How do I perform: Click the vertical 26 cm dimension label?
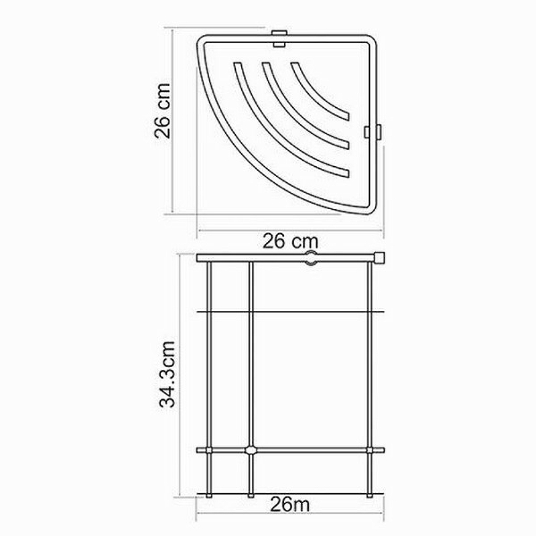(x=162, y=111)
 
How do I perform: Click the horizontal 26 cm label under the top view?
(x=290, y=241)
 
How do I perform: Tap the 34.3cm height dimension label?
(x=167, y=374)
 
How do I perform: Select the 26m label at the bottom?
(x=290, y=505)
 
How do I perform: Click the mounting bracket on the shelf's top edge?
(x=279, y=39)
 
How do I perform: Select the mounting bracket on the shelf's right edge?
(x=373, y=131)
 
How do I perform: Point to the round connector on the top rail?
(x=310, y=258)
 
